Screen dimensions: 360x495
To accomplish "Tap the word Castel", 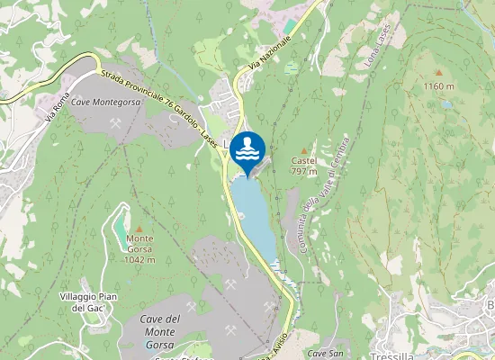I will point(303,160).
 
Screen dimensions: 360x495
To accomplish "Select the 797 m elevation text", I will point(303,171).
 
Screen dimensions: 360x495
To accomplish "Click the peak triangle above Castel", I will point(303,150).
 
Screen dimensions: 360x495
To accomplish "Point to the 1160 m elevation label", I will point(440,87).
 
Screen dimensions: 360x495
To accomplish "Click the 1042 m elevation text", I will point(139,259).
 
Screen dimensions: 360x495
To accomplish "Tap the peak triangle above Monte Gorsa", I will point(139,228).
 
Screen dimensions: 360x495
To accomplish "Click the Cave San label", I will point(325,354).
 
